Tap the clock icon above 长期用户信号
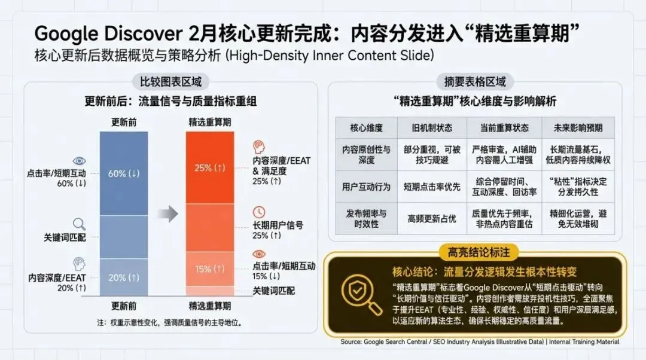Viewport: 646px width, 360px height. [259, 212]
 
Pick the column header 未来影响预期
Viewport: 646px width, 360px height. [575, 128]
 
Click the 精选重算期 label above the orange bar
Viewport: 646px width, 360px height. [211, 122]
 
